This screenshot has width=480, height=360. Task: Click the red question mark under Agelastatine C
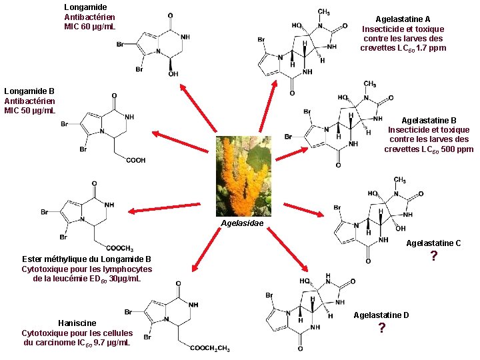point(433,257)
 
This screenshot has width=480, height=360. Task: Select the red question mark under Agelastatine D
point(382,328)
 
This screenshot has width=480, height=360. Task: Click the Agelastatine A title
point(403,19)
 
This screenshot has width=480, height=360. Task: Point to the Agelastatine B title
point(429,120)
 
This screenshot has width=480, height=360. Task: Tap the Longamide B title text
point(29,91)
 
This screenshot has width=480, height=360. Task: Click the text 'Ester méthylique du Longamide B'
point(87,259)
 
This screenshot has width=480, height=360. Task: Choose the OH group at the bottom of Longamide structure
point(173,74)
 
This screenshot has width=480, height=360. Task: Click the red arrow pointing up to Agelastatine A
point(269,107)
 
